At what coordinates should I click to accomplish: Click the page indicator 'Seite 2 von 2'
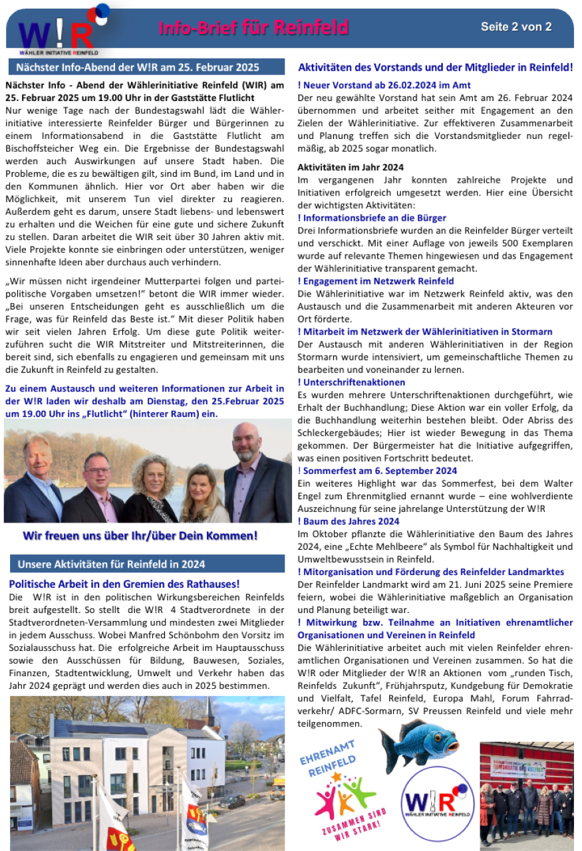(x=516, y=27)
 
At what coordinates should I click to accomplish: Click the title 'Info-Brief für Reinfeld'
(x=253, y=28)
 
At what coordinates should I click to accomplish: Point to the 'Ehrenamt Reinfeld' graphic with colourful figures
(x=340, y=790)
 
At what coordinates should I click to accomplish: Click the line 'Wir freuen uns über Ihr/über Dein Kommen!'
(x=140, y=535)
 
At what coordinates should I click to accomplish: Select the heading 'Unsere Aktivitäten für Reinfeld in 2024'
(x=111, y=564)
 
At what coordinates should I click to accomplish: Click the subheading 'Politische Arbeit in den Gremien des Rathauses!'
(x=124, y=584)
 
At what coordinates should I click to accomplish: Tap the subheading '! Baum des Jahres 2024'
(x=349, y=521)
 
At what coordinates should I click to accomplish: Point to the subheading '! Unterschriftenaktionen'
(x=351, y=382)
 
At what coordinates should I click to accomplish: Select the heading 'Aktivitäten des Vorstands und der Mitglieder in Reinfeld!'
(x=436, y=67)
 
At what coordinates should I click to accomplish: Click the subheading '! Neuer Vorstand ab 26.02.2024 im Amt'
(x=384, y=85)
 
